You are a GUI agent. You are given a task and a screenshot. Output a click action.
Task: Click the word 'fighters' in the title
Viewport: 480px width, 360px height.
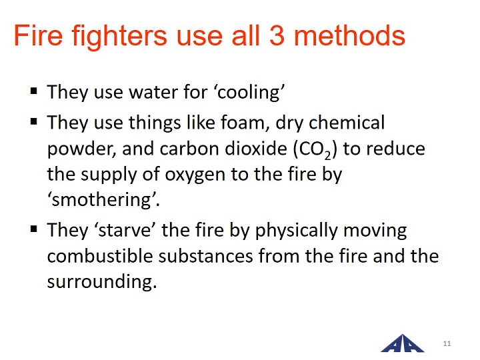119,37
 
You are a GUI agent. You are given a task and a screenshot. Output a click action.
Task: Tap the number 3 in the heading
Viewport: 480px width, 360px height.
277,35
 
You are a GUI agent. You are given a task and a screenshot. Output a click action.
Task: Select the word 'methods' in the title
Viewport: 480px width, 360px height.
349,35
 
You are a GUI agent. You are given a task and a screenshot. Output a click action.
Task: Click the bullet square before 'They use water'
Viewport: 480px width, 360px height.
34,91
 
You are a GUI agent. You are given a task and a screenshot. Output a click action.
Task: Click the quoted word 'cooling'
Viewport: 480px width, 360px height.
251,92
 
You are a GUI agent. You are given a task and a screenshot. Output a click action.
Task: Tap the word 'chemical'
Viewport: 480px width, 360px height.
347,123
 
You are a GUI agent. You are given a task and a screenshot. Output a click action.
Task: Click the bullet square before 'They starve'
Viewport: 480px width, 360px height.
34,229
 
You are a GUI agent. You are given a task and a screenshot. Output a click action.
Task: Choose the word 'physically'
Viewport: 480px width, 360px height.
297,231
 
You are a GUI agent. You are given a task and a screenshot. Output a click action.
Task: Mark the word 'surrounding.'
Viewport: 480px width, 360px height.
102,281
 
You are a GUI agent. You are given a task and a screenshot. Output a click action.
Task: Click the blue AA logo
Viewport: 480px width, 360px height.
403,344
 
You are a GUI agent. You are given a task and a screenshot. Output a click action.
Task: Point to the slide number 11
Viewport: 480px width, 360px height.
447,343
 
